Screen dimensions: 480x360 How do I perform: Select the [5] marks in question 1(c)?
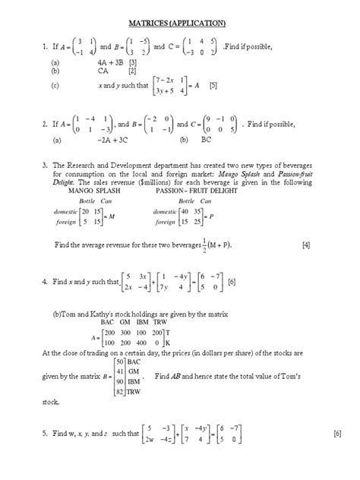(214, 86)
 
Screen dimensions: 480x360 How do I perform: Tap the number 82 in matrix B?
(120, 391)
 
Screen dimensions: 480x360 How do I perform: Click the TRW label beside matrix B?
(135, 391)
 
